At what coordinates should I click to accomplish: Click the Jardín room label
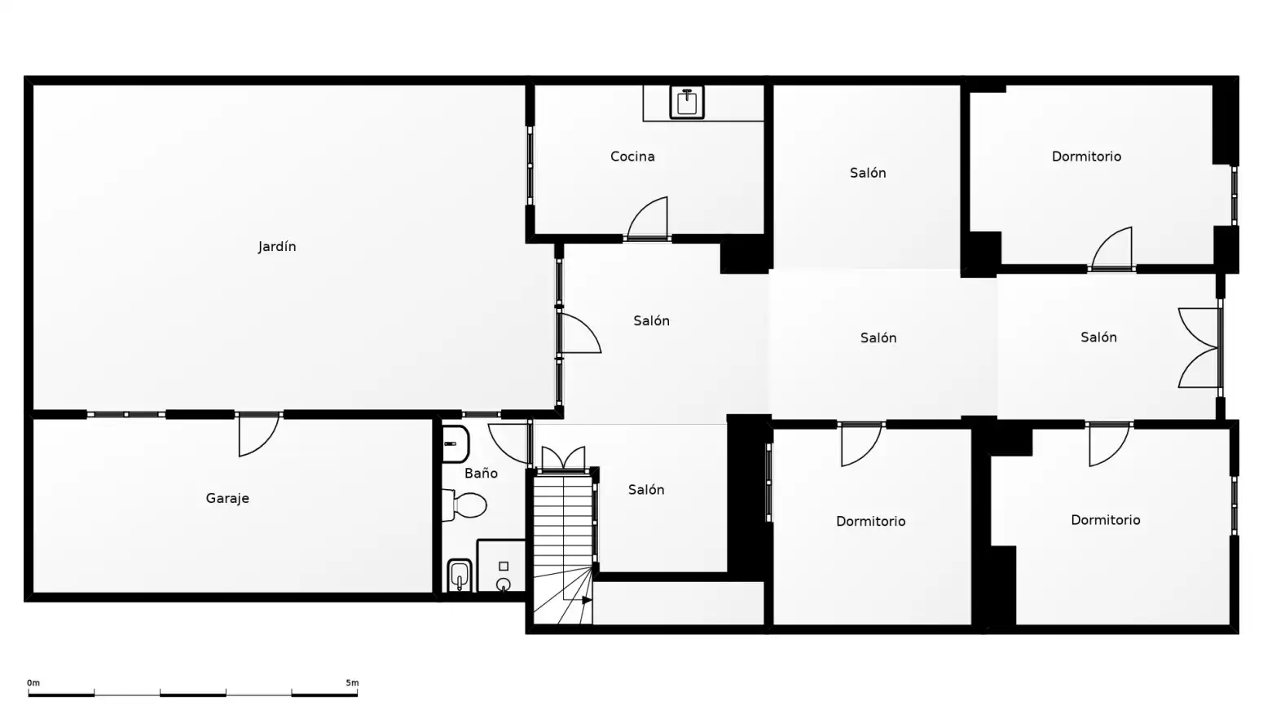point(277,247)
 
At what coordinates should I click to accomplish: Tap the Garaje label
point(227,499)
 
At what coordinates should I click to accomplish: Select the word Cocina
point(632,157)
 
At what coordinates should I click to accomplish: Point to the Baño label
point(481,473)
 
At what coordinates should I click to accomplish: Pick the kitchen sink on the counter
point(687,102)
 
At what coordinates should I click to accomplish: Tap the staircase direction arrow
point(587,600)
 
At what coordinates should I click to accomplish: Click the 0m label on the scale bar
point(33,683)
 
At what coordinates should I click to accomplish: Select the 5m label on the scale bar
point(352,683)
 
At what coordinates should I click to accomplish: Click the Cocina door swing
point(647,218)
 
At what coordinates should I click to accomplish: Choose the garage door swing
point(259,434)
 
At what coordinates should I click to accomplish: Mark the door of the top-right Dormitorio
point(1112,248)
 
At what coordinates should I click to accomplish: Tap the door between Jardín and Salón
point(581,333)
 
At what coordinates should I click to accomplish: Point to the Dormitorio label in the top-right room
point(1086,157)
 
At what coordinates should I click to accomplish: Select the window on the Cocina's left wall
point(530,165)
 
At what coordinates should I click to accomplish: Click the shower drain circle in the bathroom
point(504,584)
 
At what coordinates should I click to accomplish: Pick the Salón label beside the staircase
point(646,489)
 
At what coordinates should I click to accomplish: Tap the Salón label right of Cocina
point(868,173)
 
